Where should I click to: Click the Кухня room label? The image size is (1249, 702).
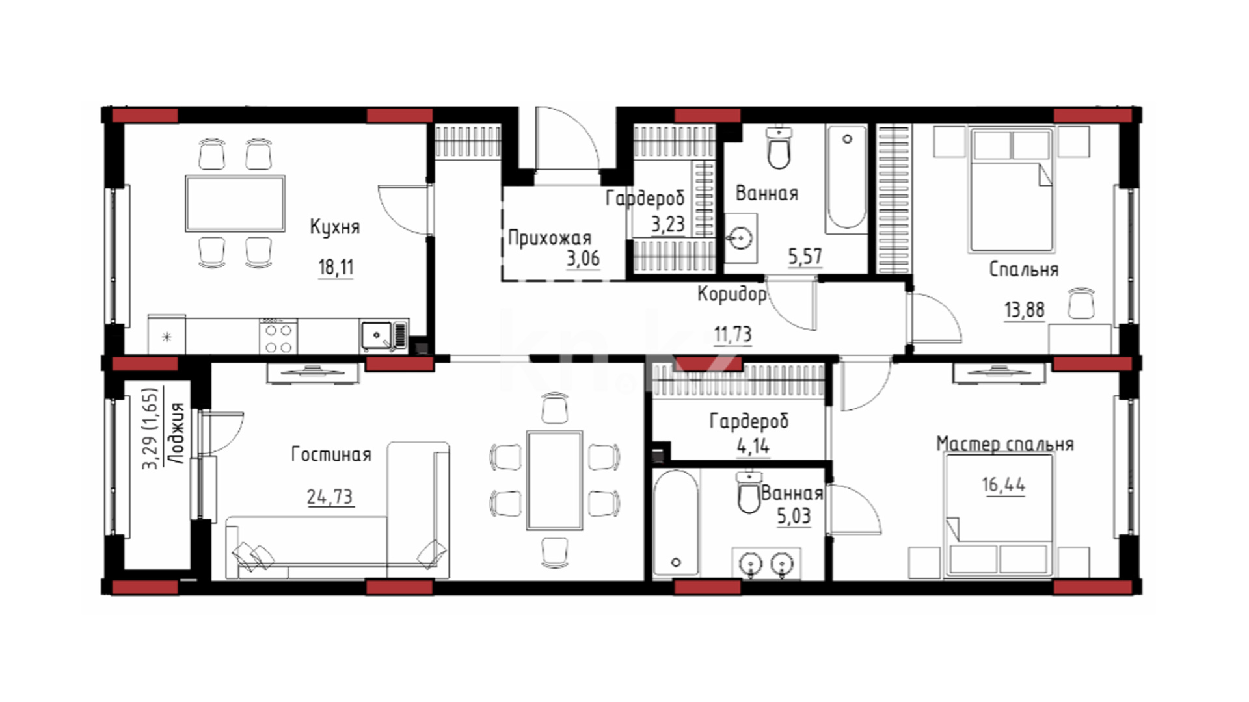334,227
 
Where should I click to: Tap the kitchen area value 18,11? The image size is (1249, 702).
336,267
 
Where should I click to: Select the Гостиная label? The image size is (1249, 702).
331,454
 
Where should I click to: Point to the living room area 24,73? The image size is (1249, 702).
330,497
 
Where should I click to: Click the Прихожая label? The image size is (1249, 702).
549,239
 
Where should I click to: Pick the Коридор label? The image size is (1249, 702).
732,294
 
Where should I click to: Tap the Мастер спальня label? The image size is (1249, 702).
1004,444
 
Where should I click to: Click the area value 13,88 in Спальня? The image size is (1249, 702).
1024,310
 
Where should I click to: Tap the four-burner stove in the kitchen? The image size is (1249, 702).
278,337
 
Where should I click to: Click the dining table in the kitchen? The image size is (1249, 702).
235,203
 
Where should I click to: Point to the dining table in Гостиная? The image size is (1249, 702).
555,480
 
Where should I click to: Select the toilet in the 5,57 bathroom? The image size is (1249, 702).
779,148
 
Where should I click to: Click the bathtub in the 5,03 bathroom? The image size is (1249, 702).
675,523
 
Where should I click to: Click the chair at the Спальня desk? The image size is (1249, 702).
1081,303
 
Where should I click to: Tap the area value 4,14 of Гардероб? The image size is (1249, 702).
753,447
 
